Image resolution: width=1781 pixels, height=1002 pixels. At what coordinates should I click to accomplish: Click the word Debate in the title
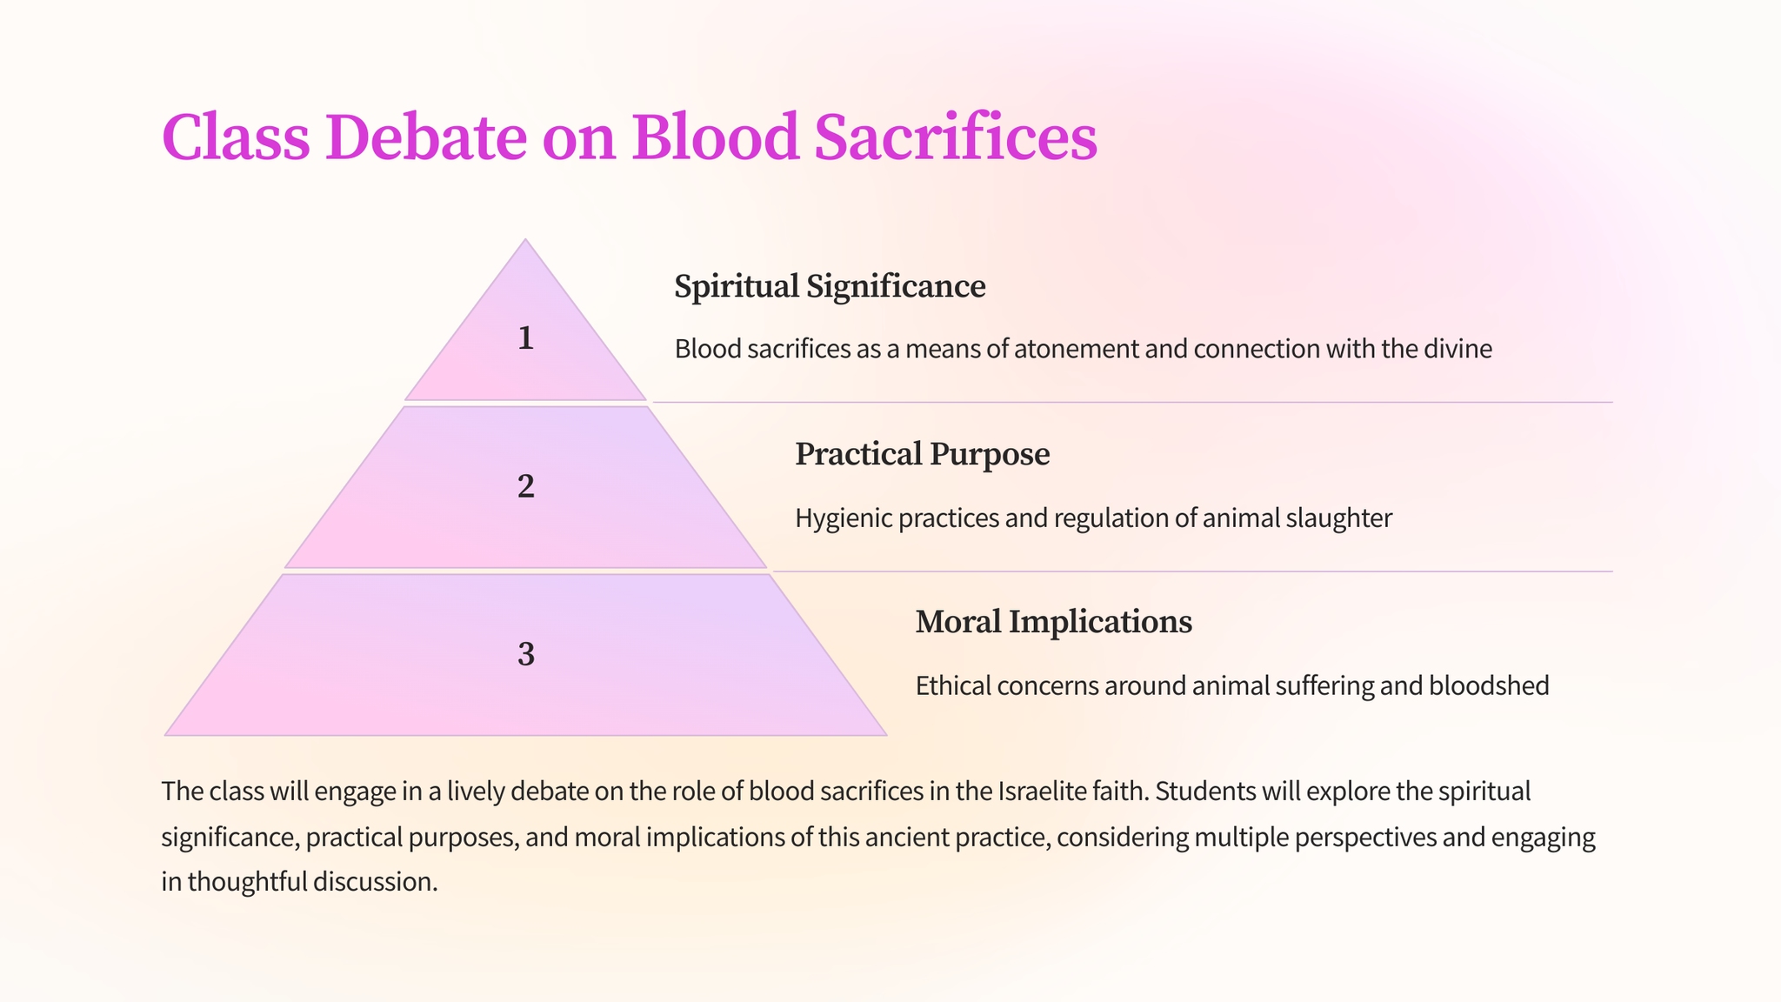coord(426,137)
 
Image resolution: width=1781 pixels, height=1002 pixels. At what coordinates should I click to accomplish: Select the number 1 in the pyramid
coord(525,337)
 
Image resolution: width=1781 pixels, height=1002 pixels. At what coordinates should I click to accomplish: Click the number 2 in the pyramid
coord(525,486)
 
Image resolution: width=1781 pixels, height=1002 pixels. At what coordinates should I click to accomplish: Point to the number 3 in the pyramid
coord(525,654)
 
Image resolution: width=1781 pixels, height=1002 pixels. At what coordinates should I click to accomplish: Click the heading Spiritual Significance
coord(830,286)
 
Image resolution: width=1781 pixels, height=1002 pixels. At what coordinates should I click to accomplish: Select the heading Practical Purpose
coord(923,454)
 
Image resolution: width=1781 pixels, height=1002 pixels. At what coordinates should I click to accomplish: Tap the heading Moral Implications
coord(1054,622)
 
